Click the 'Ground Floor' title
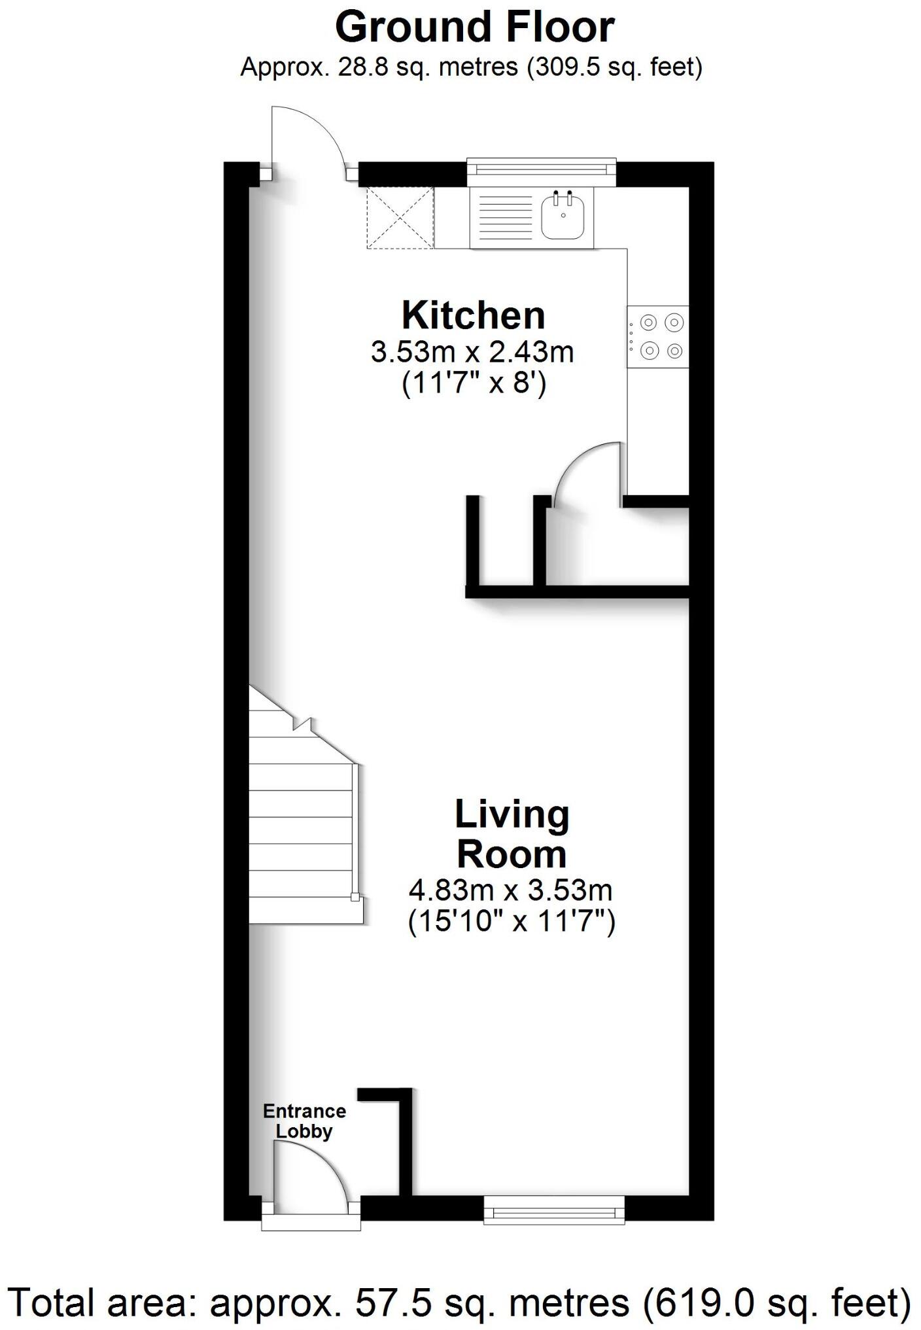[x=474, y=27]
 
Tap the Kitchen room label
[x=473, y=315]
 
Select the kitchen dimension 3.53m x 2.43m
[x=472, y=352]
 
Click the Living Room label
[x=512, y=834]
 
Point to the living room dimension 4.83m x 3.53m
[x=510, y=890]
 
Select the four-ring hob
[x=658, y=336]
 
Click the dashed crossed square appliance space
[x=400, y=217]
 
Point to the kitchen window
[x=542, y=169]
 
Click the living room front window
[x=554, y=1209]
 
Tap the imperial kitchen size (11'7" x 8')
[x=474, y=383]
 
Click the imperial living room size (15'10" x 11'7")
[x=511, y=922]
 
